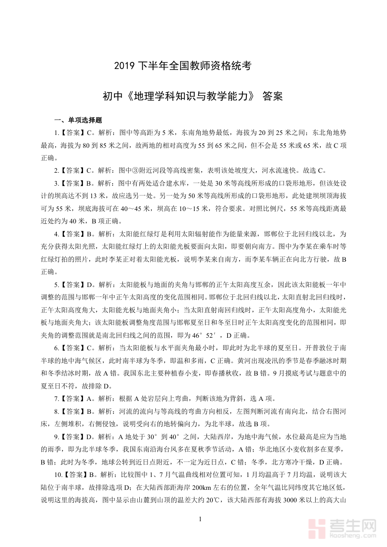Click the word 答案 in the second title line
pos(272,96)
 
